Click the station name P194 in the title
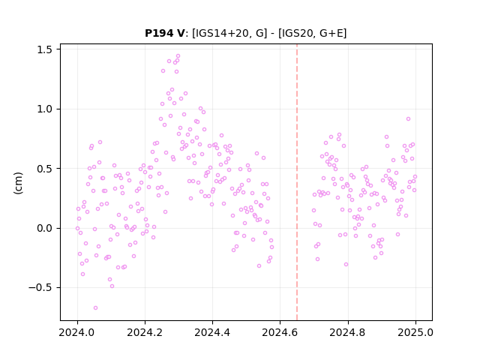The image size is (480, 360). pyautogui.click(x=160, y=33)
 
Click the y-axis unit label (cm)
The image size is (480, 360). pyautogui.click(x=18, y=183)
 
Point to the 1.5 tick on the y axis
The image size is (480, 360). pyautogui.click(x=45, y=49)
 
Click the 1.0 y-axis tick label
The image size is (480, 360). pyautogui.click(x=45, y=109)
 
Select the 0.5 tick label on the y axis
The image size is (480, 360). pyautogui.click(x=45, y=169)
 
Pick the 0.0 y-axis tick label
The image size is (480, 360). pyautogui.click(x=45, y=228)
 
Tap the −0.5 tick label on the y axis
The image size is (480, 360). pyautogui.click(x=40, y=288)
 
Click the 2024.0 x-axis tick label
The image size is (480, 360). pyautogui.click(x=77, y=332)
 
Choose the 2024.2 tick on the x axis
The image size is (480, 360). pyautogui.click(x=145, y=332)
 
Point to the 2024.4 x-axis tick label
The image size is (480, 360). pyautogui.click(x=212, y=332)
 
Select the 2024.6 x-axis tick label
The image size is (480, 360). pyautogui.click(x=280, y=332)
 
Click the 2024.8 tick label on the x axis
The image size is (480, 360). pyautogui.click(x=348, y=332)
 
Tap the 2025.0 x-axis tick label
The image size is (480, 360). pyautogui.click(x=415, y=332)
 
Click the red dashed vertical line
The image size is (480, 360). pyautogui.click(x=297, y=182)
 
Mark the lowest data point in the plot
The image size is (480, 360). pyautogui.click(x=95, y=307)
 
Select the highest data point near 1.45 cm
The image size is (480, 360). pyautogui.click(x=178, y=56)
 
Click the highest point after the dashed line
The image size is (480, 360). pyautogui.click(x=408, y=118)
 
